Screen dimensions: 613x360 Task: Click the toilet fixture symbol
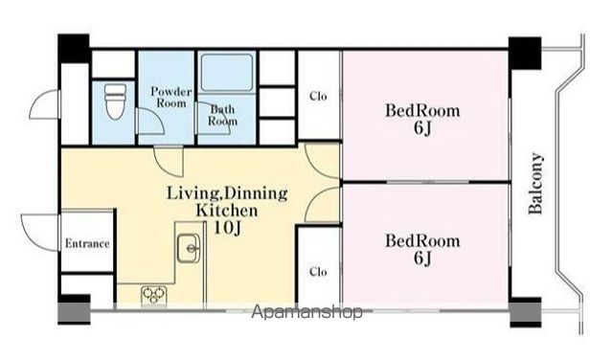pyautogui.click(x=116, y=101)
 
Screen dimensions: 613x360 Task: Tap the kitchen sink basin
pyautogui.click(x=189, y=248)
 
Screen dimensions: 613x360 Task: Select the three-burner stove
pyautogui.click(x=154, y=296)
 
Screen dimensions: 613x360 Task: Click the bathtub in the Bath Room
pyautogui.click(x=227, y=73)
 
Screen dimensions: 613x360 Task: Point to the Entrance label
pyautogui.click(x=87, y=243)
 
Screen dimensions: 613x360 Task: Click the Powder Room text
pyautogui.click(x=171, y=98)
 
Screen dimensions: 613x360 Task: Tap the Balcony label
pyautogui.click(x=536, y=183)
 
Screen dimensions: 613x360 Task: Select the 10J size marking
pyautogui.click(x=227, y=228)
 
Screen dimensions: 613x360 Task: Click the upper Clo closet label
pyautogui.click(x=318, y=96)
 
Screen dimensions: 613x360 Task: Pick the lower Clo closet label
pyautogui.click(x=318, y=271)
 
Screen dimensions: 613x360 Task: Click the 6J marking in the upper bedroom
pyautogui.click(x=422, y=128)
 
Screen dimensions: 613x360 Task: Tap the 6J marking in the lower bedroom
pyautogui.click(x=422, y=258)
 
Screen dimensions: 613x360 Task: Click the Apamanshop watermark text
pyautogui.click(x=306, y=312)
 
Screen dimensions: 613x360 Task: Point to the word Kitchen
pyautogui.click(x=227, y=211)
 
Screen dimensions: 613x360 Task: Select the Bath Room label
pyautogui.click(x=222, y=115)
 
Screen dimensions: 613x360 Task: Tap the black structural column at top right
pyautogui.click(x=525, y=54)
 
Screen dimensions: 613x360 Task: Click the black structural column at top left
pyautogui.click(x=74, y=49)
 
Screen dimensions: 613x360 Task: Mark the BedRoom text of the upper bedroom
pyautogui.click(x=422, y=111)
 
